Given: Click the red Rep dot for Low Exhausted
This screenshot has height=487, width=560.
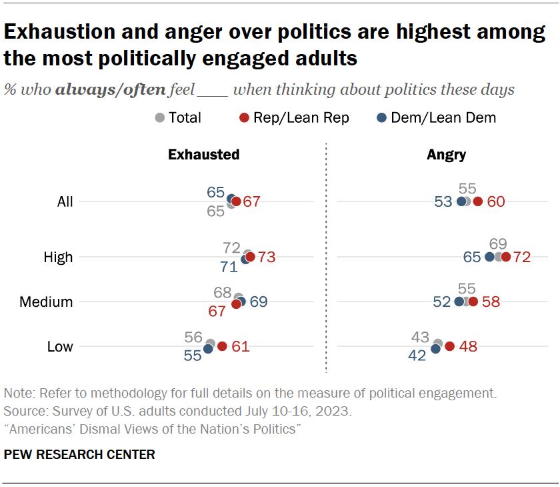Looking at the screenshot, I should click(222, 346).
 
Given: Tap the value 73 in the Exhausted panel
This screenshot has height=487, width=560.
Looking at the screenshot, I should click(267, 257).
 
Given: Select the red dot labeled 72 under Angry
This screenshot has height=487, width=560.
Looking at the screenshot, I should click(506, 257).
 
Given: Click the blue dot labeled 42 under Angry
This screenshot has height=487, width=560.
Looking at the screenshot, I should click(436, 349).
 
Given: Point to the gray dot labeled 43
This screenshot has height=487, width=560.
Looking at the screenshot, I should click(438, 344).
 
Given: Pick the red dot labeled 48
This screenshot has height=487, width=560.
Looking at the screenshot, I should click(450, 346).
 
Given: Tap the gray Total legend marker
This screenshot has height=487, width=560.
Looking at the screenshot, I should click(159, 118).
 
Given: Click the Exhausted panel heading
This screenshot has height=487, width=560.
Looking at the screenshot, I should click(203, 155).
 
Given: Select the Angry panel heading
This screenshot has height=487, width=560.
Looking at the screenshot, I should click(446, 155).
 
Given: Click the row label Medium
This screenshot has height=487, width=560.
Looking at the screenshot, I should click(46, 302).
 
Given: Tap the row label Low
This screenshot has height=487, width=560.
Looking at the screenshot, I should click(60, 347).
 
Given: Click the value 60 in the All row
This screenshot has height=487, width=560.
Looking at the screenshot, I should click(496, 201).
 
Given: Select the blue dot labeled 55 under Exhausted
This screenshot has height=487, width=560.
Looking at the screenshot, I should click(208, 349).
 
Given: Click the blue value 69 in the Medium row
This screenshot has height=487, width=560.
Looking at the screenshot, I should click(259, 302).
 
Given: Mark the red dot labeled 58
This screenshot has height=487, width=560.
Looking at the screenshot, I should click(473, 302).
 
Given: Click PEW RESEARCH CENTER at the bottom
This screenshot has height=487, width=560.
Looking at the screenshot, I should click(79, 455).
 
